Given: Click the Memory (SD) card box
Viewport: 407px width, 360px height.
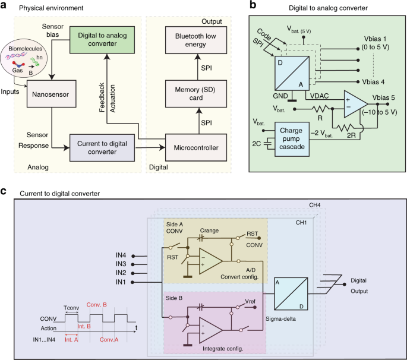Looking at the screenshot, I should point(198,93).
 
